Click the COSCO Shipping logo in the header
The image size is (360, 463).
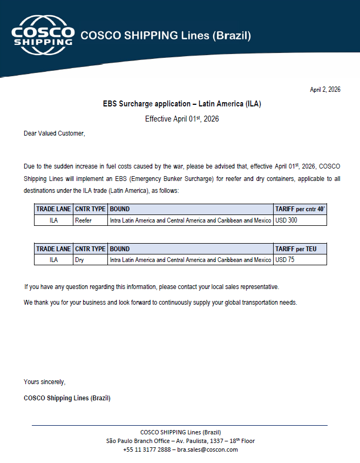[43, 35]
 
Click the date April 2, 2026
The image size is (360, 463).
[325, 90]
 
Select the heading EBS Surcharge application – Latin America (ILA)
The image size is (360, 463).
[182, 103]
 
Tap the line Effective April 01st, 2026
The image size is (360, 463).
[182, 119]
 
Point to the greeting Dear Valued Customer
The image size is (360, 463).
[54, 133]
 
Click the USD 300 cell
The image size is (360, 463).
[286, 220]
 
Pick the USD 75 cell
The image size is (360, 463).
[284, 260]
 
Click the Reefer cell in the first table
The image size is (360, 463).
[83, 220]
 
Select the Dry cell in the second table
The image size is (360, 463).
[79, 260]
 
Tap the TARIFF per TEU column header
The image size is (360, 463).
[296, 249]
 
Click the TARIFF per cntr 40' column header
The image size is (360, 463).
[300, 209]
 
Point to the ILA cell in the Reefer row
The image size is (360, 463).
[53, 220]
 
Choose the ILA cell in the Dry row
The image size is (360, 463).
[53, 260]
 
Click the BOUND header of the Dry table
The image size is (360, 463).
[120, 249]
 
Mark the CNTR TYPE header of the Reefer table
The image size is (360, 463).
[90, 209]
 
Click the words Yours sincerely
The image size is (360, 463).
[44, 382]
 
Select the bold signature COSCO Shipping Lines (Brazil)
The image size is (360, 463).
[67, 398]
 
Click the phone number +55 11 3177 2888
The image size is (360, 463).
[147, 449]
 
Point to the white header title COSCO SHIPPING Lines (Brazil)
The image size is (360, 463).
[166, 36]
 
